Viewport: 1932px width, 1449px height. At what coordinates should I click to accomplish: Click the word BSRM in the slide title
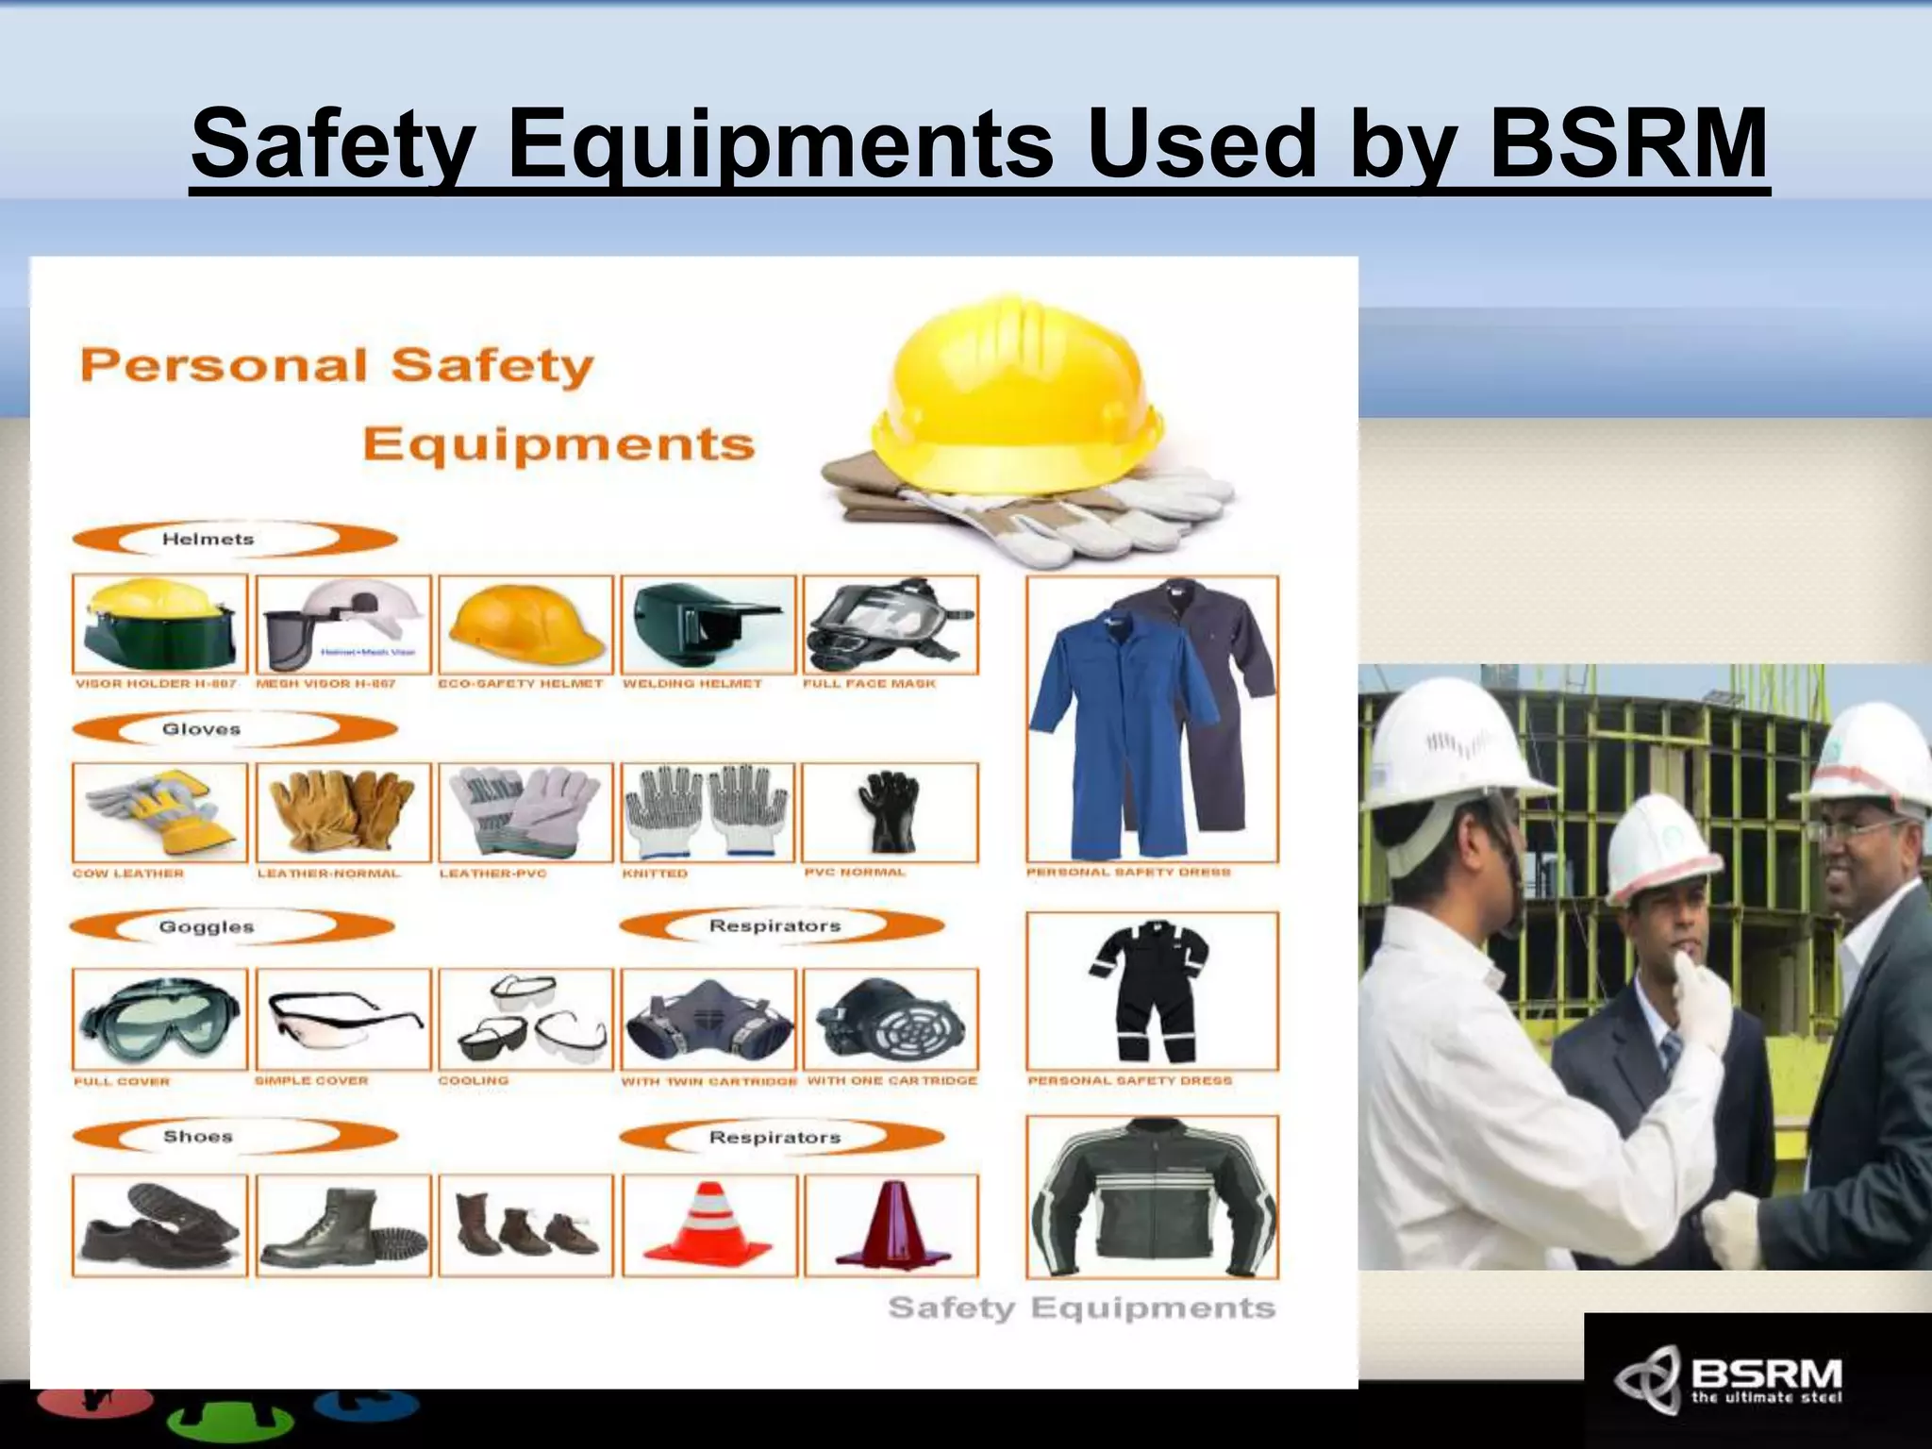(x=1627, y=144)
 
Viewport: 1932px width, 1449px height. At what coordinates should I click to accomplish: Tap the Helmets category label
(x=208, y=539)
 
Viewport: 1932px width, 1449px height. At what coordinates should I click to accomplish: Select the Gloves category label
(x=201, y=729)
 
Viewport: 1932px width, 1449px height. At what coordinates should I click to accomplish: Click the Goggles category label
(x=206, y=926)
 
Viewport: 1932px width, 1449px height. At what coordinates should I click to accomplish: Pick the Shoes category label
(x=197, y=1136)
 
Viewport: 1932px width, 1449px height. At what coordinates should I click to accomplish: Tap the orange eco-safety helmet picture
(x=525, y=625)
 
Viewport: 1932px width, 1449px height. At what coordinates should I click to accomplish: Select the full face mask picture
(x=890, y=625)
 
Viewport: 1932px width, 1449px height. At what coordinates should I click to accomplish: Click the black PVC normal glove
(x=888, y=812)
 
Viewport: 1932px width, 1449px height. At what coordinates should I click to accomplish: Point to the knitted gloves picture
(x=708, y=812)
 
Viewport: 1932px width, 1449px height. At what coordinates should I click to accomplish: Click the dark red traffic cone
(x=890, y=1224)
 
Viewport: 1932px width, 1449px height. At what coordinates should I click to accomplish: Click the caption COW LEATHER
(x=128, y=874)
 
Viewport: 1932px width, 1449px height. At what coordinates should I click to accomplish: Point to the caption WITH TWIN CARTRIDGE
(x=708, y=1081)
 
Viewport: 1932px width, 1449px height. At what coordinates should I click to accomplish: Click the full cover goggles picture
(x=159, y=1019)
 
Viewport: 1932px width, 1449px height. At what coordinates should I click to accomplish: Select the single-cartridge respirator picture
(x=890, y=1019)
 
